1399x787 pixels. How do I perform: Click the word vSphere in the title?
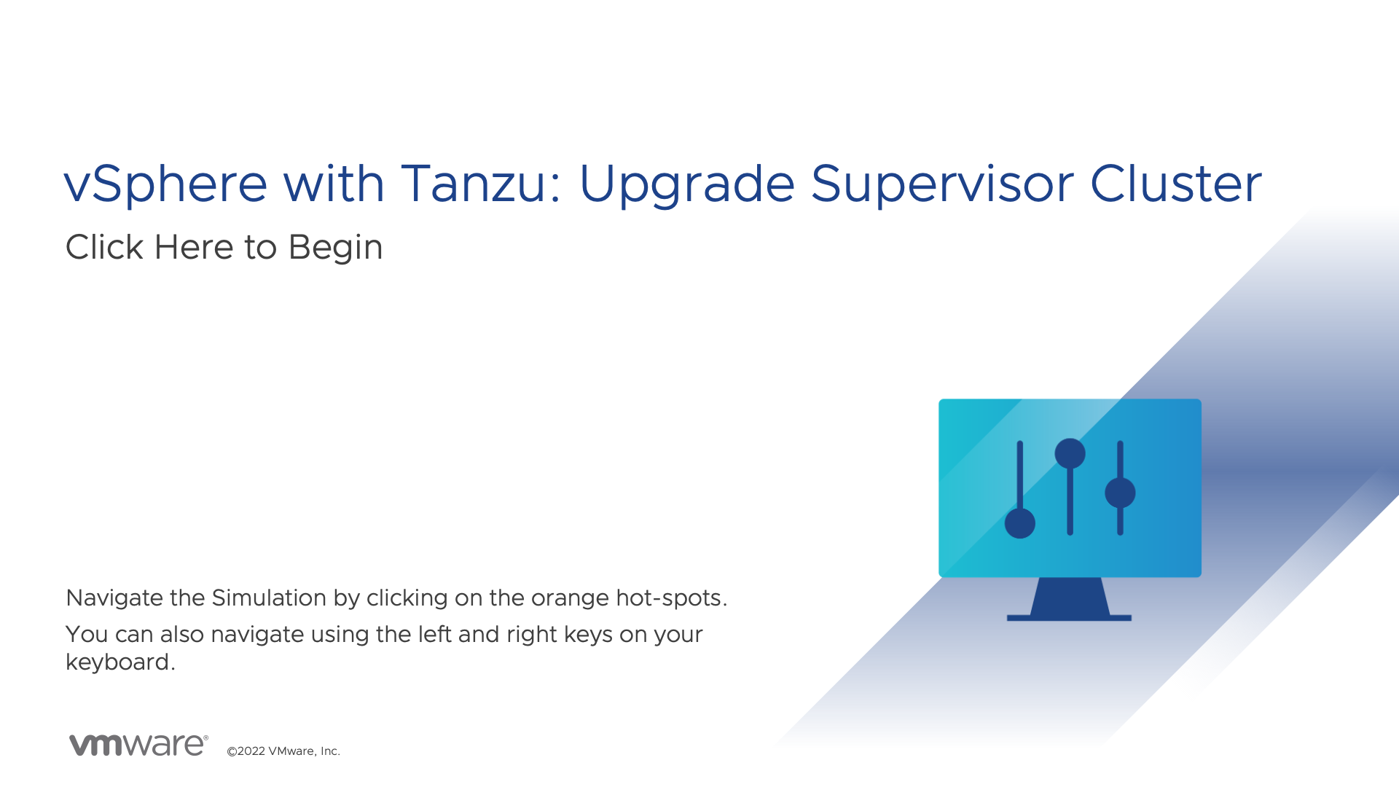point(166,184)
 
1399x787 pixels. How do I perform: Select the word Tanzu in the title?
point(474,183)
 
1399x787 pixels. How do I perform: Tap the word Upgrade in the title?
point(686,184)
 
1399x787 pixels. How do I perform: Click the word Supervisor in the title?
point(942,184)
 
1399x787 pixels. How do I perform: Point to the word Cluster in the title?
point(1176,183)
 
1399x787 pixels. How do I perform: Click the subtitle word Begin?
point(336,248)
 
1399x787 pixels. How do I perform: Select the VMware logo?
point(138,745)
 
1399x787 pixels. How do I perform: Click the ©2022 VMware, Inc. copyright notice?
point(283,751)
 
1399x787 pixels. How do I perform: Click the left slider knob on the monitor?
point(1020,523)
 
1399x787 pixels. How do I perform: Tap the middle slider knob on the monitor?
point(1070,453)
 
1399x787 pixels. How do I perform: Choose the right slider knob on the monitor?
point(1120,493)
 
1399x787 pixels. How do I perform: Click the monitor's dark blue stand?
point(1070,599)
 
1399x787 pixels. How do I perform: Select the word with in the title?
point(334,183)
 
